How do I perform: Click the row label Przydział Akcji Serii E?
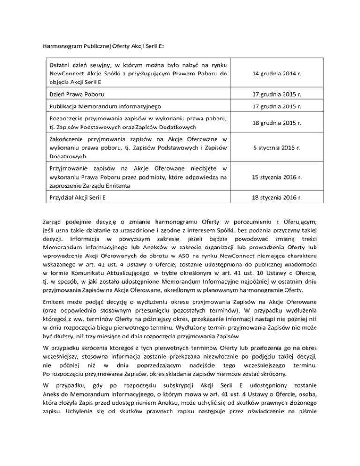pyautogui.click(x=77, y=197)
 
